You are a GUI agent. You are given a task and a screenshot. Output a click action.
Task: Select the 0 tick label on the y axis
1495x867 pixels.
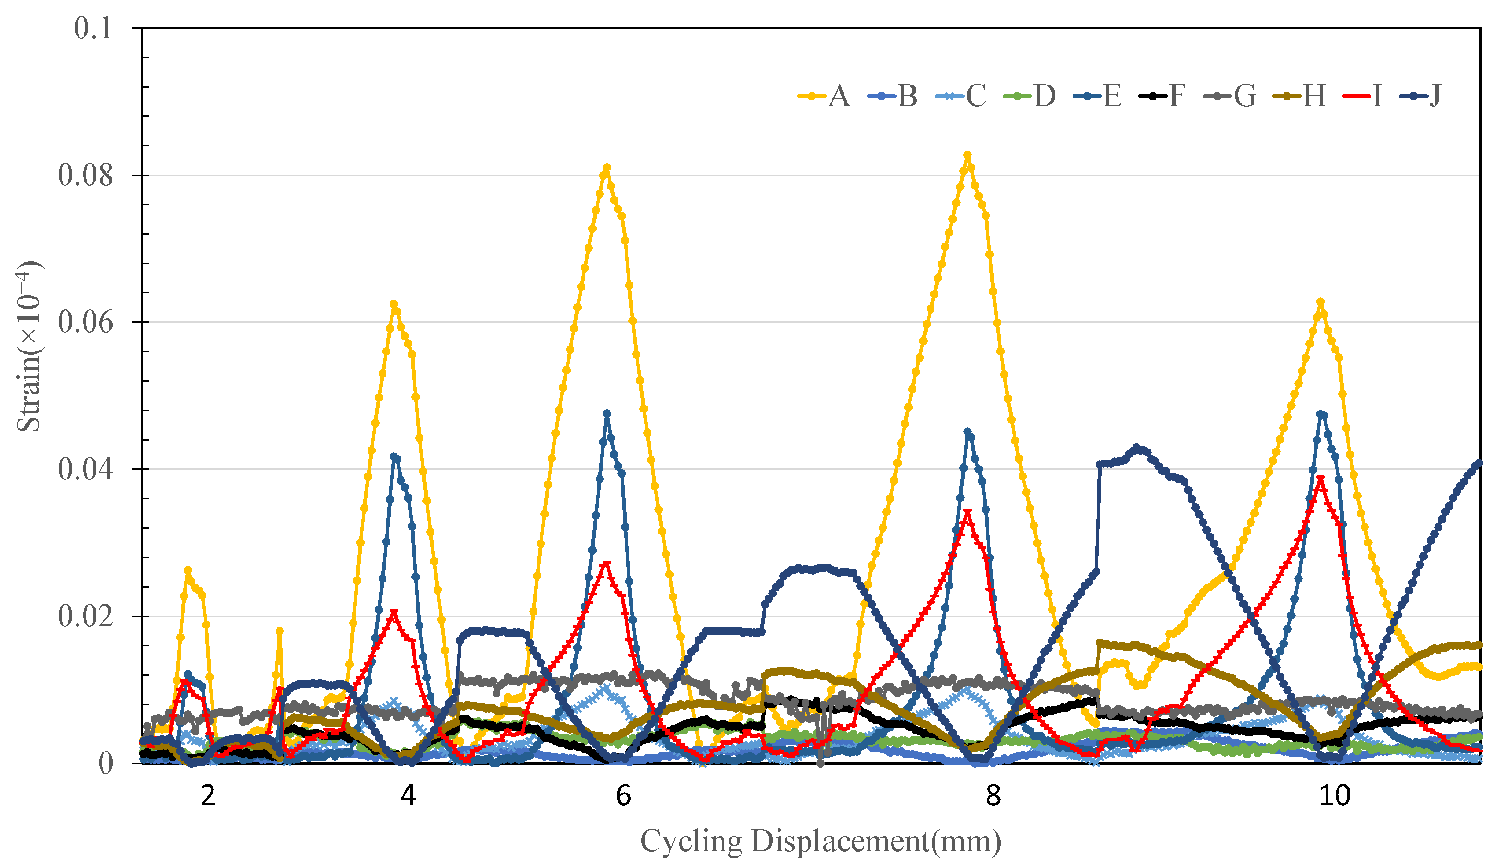(x=106, y=764)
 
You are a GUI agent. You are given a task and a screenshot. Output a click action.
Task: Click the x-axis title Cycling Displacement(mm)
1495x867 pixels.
(x=820, y=842)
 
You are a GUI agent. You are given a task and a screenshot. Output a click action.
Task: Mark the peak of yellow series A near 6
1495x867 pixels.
(x=606, y=168)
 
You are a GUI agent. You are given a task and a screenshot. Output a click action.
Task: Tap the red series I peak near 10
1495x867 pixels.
(x=1320, y=478)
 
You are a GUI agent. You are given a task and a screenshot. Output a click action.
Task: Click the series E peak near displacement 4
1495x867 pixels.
(x=394, y=456)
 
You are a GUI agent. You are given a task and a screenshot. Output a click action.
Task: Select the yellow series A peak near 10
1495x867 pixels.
(x=1320, y=302)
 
